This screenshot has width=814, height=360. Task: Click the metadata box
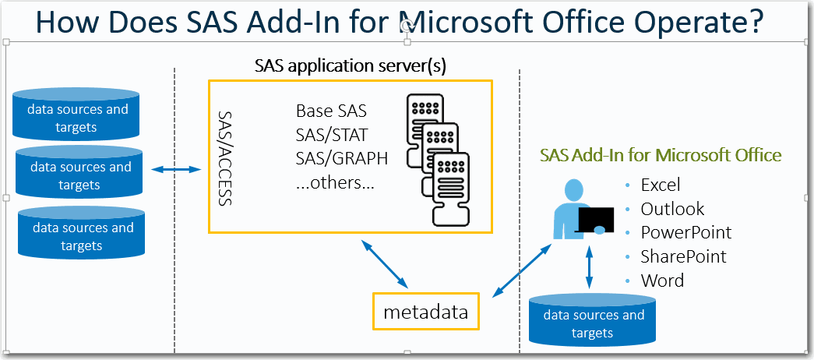point(425,311)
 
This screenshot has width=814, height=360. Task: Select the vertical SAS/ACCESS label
point(224,158)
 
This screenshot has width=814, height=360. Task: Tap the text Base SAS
point(331,111)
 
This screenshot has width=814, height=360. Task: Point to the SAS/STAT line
point(331,135)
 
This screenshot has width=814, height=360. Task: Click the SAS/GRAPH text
point(342,158)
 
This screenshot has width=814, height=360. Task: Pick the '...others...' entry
point(335,183)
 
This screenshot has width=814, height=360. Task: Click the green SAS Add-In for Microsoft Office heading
point(661,155)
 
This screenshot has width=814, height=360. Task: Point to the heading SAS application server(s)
point(351,66)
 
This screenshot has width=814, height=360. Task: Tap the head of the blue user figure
point(573,189)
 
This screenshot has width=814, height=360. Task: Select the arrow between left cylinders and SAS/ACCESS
point(177,169)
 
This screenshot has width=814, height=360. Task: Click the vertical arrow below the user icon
point(589,267)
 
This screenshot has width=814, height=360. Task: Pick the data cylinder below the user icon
point(592,320)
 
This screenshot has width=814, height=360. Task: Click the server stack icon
point(438,160)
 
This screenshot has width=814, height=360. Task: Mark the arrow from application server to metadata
point(385,264)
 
